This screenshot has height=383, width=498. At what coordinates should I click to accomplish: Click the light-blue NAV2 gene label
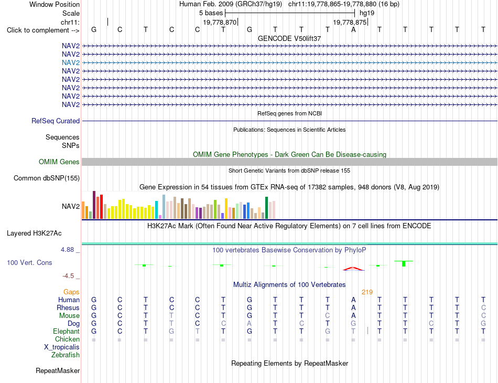pos(71,62)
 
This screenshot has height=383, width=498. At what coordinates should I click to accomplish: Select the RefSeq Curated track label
pos(56,121)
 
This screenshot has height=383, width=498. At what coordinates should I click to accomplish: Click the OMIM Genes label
pos(59,162)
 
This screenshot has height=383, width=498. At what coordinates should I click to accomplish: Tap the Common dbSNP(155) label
pos(47,178)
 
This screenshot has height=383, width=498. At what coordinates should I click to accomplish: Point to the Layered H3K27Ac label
pos(34,233)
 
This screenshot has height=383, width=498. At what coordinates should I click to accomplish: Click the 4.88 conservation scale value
pos(67,250)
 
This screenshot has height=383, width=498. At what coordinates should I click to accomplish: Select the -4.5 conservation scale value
pos(68,276)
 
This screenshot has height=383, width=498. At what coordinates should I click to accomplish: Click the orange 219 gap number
pos(367,292)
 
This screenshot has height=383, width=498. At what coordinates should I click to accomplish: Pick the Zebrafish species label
pos(66,355)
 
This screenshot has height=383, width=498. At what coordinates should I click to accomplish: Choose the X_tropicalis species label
pos(62,347)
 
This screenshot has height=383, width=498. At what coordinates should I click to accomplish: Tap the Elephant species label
pos(66,331)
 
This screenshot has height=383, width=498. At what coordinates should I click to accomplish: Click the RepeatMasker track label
pos(58,370)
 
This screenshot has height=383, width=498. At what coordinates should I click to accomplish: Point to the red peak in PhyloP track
pos(353,269)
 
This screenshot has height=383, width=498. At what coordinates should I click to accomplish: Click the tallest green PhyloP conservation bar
pos(404,263)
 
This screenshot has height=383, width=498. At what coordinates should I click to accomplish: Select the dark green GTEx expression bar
pos(266,208)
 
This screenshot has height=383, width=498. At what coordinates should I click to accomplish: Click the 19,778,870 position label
pos(220,22)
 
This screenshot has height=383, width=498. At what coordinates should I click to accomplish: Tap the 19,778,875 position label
pos(350,22)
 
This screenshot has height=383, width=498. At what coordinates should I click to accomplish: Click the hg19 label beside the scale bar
pos(367,13)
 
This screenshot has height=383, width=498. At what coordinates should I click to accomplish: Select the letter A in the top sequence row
pos(353,29)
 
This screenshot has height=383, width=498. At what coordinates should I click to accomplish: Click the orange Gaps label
pos(71,292)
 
